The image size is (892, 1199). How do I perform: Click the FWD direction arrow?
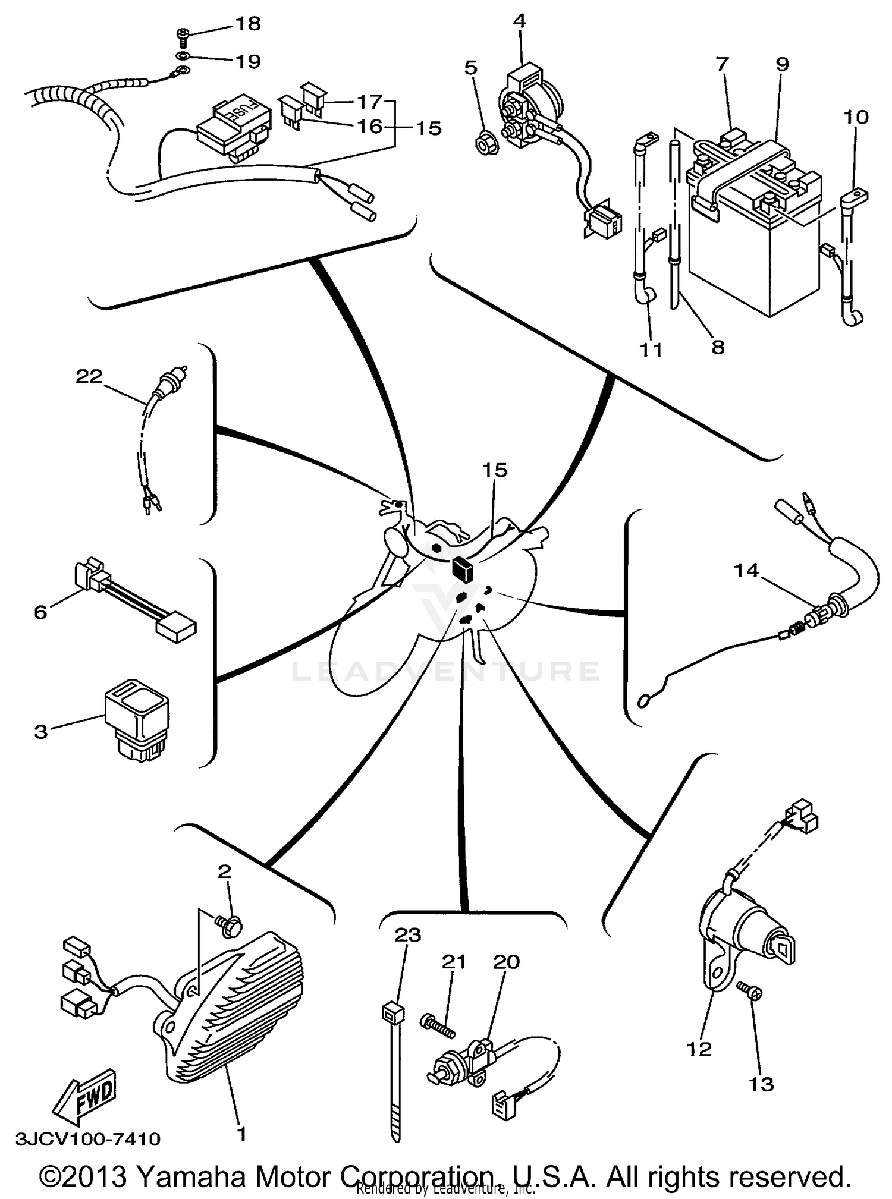click(x=84, y=1094)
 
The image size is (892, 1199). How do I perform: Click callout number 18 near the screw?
click(x=247, y=24)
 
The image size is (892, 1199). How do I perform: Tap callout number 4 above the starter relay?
click(x=519, y=21)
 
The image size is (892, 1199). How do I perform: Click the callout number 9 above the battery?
click(x=782, y=64)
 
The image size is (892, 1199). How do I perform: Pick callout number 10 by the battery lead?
click(x=856, y=117)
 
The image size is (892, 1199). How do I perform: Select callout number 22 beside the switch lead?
click(x=89, y=376)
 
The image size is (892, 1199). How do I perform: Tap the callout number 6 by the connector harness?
click(x=40, y=612)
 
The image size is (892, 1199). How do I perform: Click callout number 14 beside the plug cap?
click(x=746, y=571)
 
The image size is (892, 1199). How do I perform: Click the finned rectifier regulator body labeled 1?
click(x=238, y=999)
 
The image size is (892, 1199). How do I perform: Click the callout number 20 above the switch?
click(x=507, y=961)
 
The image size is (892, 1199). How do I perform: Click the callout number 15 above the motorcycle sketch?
click(x=495, y=470)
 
